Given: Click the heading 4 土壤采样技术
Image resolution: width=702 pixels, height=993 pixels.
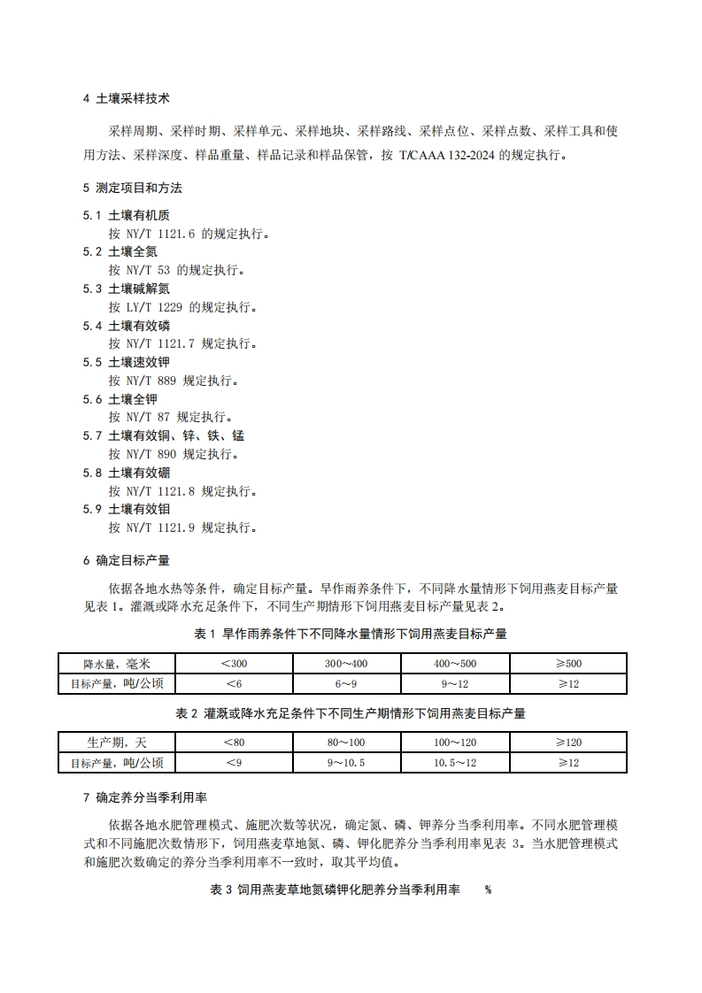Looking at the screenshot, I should pos(126,98).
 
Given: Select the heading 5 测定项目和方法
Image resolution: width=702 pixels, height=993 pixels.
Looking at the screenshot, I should pos(132,188).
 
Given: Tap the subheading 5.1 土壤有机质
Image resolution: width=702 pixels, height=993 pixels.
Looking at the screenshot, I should pos(127,215).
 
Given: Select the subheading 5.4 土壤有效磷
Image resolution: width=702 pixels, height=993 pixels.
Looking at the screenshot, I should pos(127,326).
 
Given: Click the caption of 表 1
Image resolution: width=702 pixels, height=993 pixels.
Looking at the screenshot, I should pos(351,634).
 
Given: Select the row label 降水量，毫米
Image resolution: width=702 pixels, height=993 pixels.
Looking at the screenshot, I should pos(116,664).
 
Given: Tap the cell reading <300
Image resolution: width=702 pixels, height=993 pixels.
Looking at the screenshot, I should pos(234,664).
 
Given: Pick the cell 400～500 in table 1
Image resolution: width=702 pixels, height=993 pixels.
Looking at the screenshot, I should pos(456,664).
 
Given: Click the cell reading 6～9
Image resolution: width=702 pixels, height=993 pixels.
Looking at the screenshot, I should pos(345,683).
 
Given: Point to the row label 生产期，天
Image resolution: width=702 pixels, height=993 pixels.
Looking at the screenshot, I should pos(116,743).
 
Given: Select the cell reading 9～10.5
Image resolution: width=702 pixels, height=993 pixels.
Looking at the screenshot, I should pos(345,762).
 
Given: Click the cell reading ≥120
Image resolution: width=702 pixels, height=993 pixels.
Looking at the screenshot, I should pos(568,743).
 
